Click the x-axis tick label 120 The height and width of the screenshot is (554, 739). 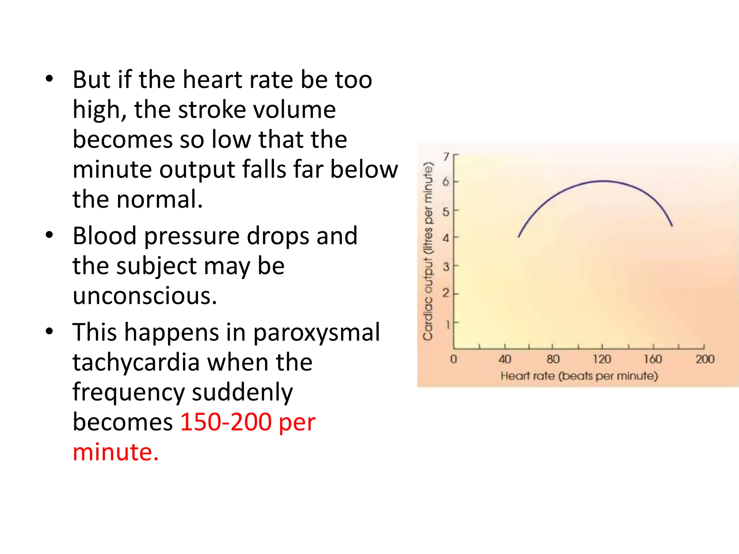point(602,359)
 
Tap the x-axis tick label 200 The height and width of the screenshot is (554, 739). point(705,359)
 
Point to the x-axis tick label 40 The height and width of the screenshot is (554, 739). point(505,359)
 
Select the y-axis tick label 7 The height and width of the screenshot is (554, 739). point(447,157)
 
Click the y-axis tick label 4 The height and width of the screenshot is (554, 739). point(446,238)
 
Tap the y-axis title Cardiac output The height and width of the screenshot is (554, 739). point(428,251)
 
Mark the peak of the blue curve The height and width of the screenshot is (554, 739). point(603,181)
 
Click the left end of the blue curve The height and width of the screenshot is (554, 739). point(519,237)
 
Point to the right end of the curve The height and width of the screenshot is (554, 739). point(672,226)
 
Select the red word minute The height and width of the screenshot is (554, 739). point(115,452)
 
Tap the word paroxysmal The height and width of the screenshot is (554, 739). point(316,332)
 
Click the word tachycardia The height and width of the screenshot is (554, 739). point(136,362)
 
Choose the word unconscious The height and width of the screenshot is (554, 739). point(145,296)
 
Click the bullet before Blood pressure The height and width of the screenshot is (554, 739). point(49,235)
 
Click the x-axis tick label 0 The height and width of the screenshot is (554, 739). point(454,359)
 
